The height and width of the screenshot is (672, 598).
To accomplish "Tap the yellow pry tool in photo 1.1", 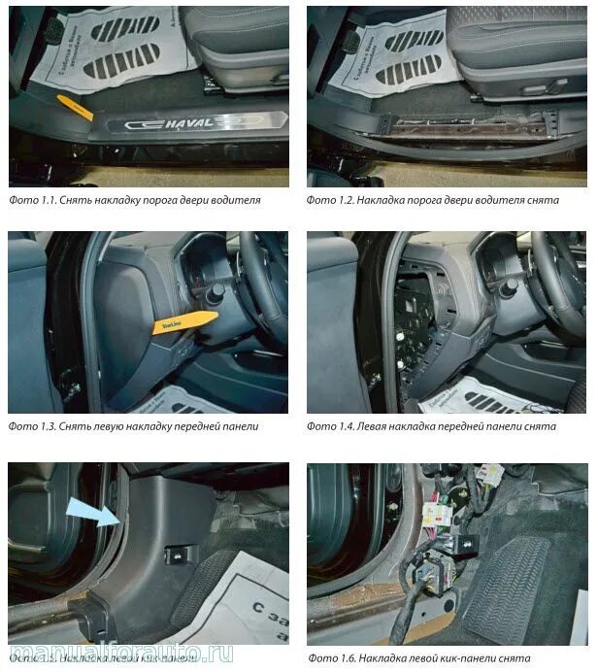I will pos(78,107).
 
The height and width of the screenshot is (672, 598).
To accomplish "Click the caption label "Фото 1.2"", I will pos(329,200).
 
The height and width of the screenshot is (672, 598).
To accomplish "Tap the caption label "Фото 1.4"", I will pos(329,426).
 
